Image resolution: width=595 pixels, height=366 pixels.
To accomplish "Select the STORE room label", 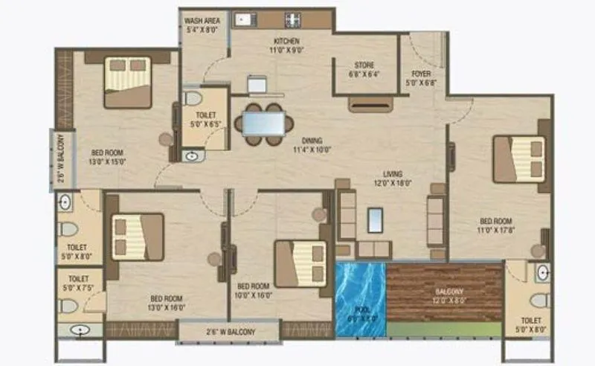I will tap(364, 69).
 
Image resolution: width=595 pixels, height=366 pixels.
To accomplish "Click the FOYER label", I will tap(422, 78).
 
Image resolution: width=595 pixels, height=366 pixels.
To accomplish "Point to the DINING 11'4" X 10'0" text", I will tap(312, 144).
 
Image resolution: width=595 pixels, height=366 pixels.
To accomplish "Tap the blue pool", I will tap(360, 298).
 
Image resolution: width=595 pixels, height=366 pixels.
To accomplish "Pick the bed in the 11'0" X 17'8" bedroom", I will tap(520, 158).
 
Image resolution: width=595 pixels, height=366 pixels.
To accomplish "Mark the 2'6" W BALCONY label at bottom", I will tap(228, 332).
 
